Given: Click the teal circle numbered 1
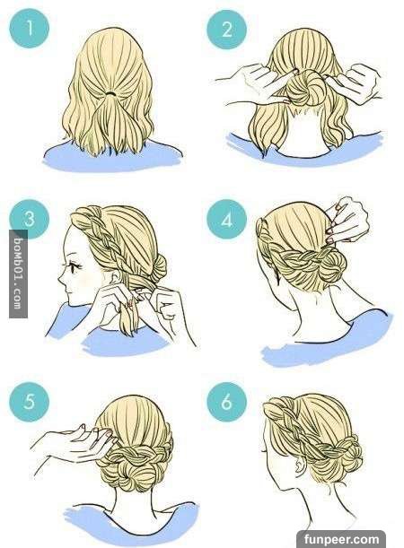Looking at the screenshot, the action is click(x=29, y=28).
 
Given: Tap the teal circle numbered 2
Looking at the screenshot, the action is click(x=226, y=29).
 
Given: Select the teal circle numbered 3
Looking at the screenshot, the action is click(x=29, y=219).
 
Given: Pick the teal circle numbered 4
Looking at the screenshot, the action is click(x=226, y=219).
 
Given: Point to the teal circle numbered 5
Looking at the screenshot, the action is click(x=29, y=402).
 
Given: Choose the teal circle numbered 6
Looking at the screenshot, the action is click(x=226, y=402).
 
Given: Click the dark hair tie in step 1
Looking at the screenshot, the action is click(x=111, y=93).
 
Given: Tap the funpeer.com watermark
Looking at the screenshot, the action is click(x=341, y=539).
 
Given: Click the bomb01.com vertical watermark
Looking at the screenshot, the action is click(x=18, y=274).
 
